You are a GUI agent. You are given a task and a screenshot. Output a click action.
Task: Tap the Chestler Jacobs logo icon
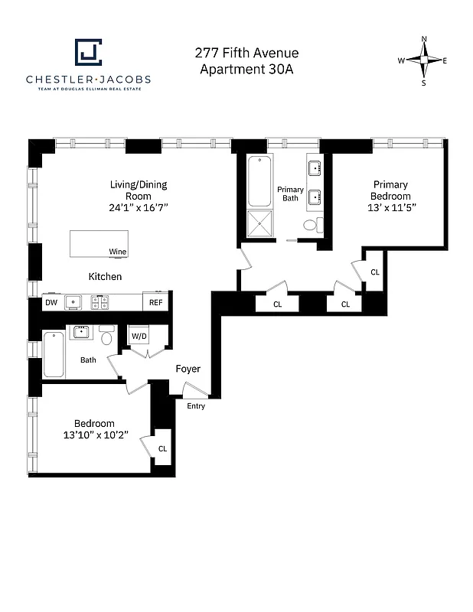coord(88,53)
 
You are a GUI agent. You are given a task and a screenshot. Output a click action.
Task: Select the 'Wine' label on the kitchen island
coord(117,252)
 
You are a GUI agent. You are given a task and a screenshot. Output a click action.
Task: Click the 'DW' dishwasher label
coord(51,302)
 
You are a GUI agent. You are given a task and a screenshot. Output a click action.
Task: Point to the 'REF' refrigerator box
coord(155,302)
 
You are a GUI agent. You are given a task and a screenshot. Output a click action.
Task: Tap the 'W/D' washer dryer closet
coord(139,336)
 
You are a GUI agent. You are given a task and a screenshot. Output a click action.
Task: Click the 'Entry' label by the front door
coord(196,405)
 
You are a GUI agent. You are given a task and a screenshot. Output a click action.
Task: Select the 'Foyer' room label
coord(188,369)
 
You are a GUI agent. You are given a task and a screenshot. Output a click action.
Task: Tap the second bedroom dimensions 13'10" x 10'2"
coord(95,435)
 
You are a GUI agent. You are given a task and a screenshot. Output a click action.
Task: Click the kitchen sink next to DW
coord(73,302)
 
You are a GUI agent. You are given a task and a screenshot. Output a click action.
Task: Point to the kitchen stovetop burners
coord(100,303)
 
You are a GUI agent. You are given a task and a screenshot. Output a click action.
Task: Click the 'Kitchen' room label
coord(105,276)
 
